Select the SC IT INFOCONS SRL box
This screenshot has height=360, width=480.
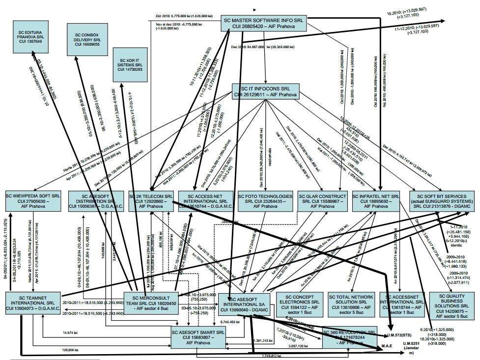(x=265, y=91)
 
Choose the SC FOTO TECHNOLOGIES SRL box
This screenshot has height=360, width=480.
(x=265, y=200)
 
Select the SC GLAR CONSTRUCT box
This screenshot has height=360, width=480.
(x=320, y=200)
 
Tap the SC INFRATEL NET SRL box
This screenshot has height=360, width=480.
(x=376, y=200)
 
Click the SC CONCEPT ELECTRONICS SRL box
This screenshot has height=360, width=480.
(x=298, y=304)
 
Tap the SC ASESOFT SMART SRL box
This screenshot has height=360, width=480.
(x=198, y=336)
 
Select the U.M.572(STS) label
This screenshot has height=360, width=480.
(x=400, y=335)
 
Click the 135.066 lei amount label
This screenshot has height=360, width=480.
(x=71, y=350)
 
